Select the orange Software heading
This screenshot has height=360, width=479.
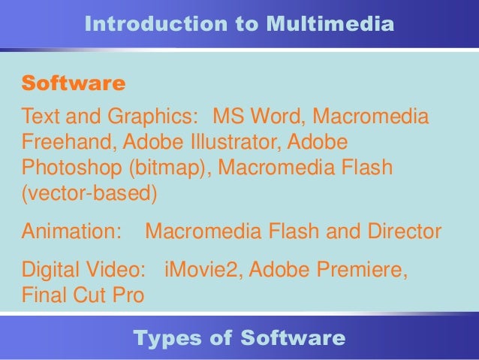[x=74, y=83]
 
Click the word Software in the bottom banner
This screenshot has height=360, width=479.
[x=294, y=338]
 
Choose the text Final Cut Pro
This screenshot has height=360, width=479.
[x=83, y=295]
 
